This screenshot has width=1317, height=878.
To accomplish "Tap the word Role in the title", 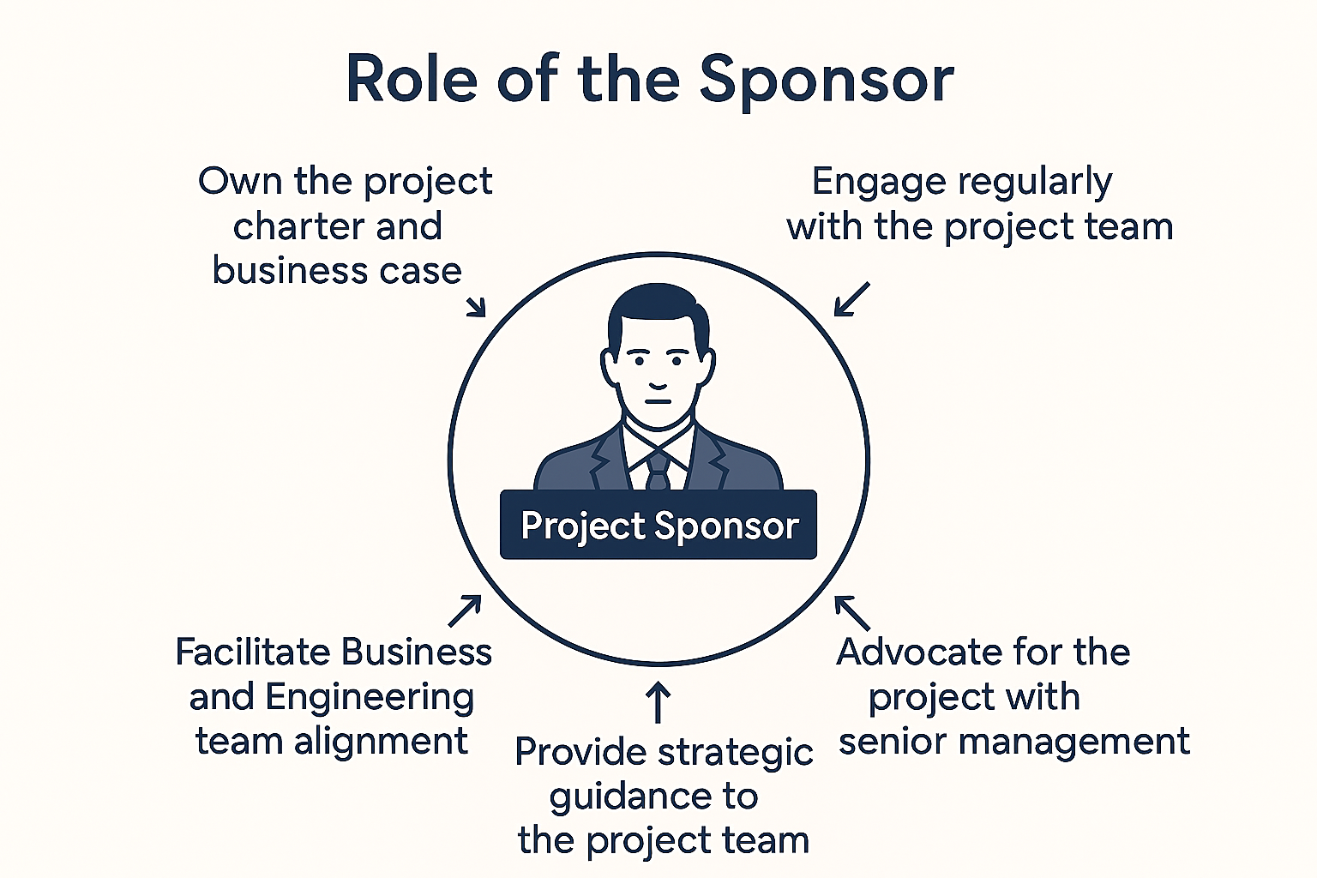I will [x=411, y=79].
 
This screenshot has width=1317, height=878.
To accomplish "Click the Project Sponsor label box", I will [x=658, y=525].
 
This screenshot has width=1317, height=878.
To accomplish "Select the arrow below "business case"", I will [x=476, y=306].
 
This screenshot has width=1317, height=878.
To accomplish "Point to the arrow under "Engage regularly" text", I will [x=851, y=299].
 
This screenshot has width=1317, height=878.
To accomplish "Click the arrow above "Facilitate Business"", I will [x=465, y=611].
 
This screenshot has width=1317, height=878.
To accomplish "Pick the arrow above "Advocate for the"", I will [x=852, y=612].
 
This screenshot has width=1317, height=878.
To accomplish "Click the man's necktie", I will [x=658, y=472].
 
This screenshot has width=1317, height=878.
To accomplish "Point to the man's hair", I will [x=658, y=309].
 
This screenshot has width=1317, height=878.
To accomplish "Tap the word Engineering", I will [x=370, y=698].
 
